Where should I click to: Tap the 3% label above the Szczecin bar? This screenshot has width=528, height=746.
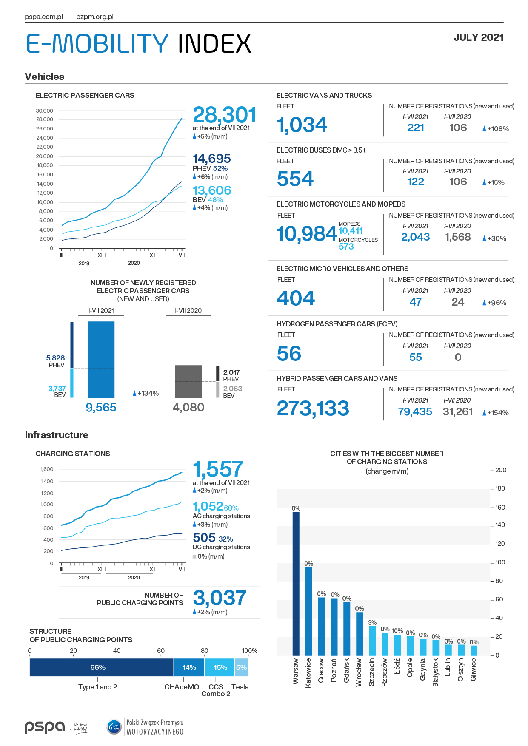pos(372,622)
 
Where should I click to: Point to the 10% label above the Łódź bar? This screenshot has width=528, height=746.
pos(397,631)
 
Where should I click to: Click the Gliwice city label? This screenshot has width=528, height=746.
pos(474,670)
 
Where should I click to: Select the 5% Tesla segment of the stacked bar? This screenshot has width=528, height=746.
pos(241,667)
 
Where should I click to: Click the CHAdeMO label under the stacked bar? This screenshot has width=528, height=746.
pos(182,687)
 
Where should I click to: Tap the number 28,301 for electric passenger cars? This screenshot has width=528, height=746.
pos(224,115)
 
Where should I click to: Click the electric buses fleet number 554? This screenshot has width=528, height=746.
pos(295,179)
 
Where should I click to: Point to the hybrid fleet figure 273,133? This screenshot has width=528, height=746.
pos(313,408)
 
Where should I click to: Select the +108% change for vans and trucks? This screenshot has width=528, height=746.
pos(496,129)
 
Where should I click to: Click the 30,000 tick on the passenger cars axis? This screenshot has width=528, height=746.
pos(45,111)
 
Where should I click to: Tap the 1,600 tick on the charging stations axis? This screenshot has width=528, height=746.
pos(47,469)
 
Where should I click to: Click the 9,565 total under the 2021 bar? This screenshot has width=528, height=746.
pos(101,407)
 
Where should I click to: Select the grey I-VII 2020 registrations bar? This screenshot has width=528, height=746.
pos(188,381)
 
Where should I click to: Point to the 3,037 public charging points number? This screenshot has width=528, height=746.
pos(220,598)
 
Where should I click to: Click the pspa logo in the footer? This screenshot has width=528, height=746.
pos(45,727)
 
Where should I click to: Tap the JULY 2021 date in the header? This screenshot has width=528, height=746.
pos(478,37)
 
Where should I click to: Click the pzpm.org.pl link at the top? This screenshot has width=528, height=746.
pos(94,17)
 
